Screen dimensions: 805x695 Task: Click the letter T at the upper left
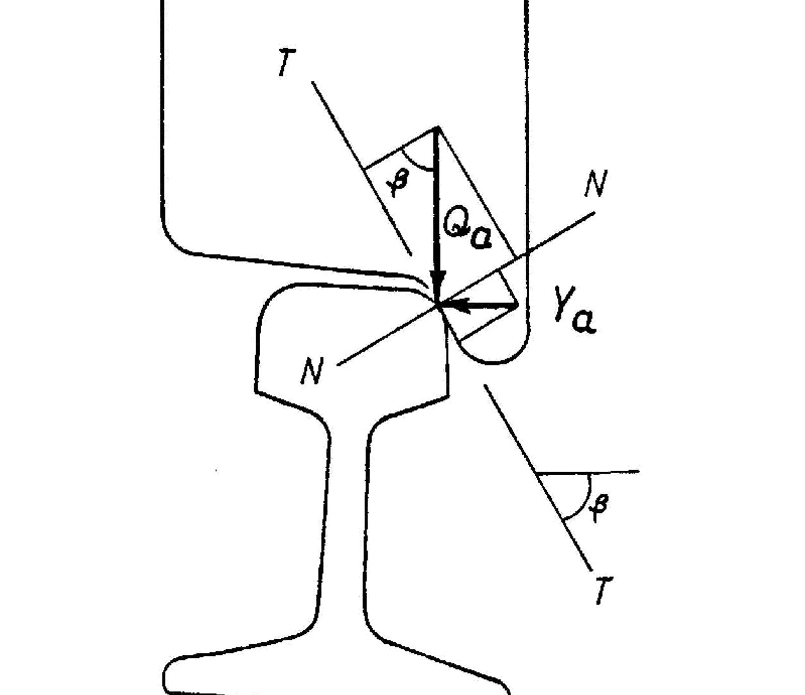[x=287, y=62]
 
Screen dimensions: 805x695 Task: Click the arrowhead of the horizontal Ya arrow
[x=455, y=305]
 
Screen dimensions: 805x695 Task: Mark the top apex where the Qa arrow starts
[x=437, y=128]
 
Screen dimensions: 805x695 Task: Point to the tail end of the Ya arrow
[x=517, y=305]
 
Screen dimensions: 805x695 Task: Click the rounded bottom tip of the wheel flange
[x=493, y=361]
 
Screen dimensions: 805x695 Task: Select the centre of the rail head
[x=352, y=342]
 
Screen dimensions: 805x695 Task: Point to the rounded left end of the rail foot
[x=166, y=674]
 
